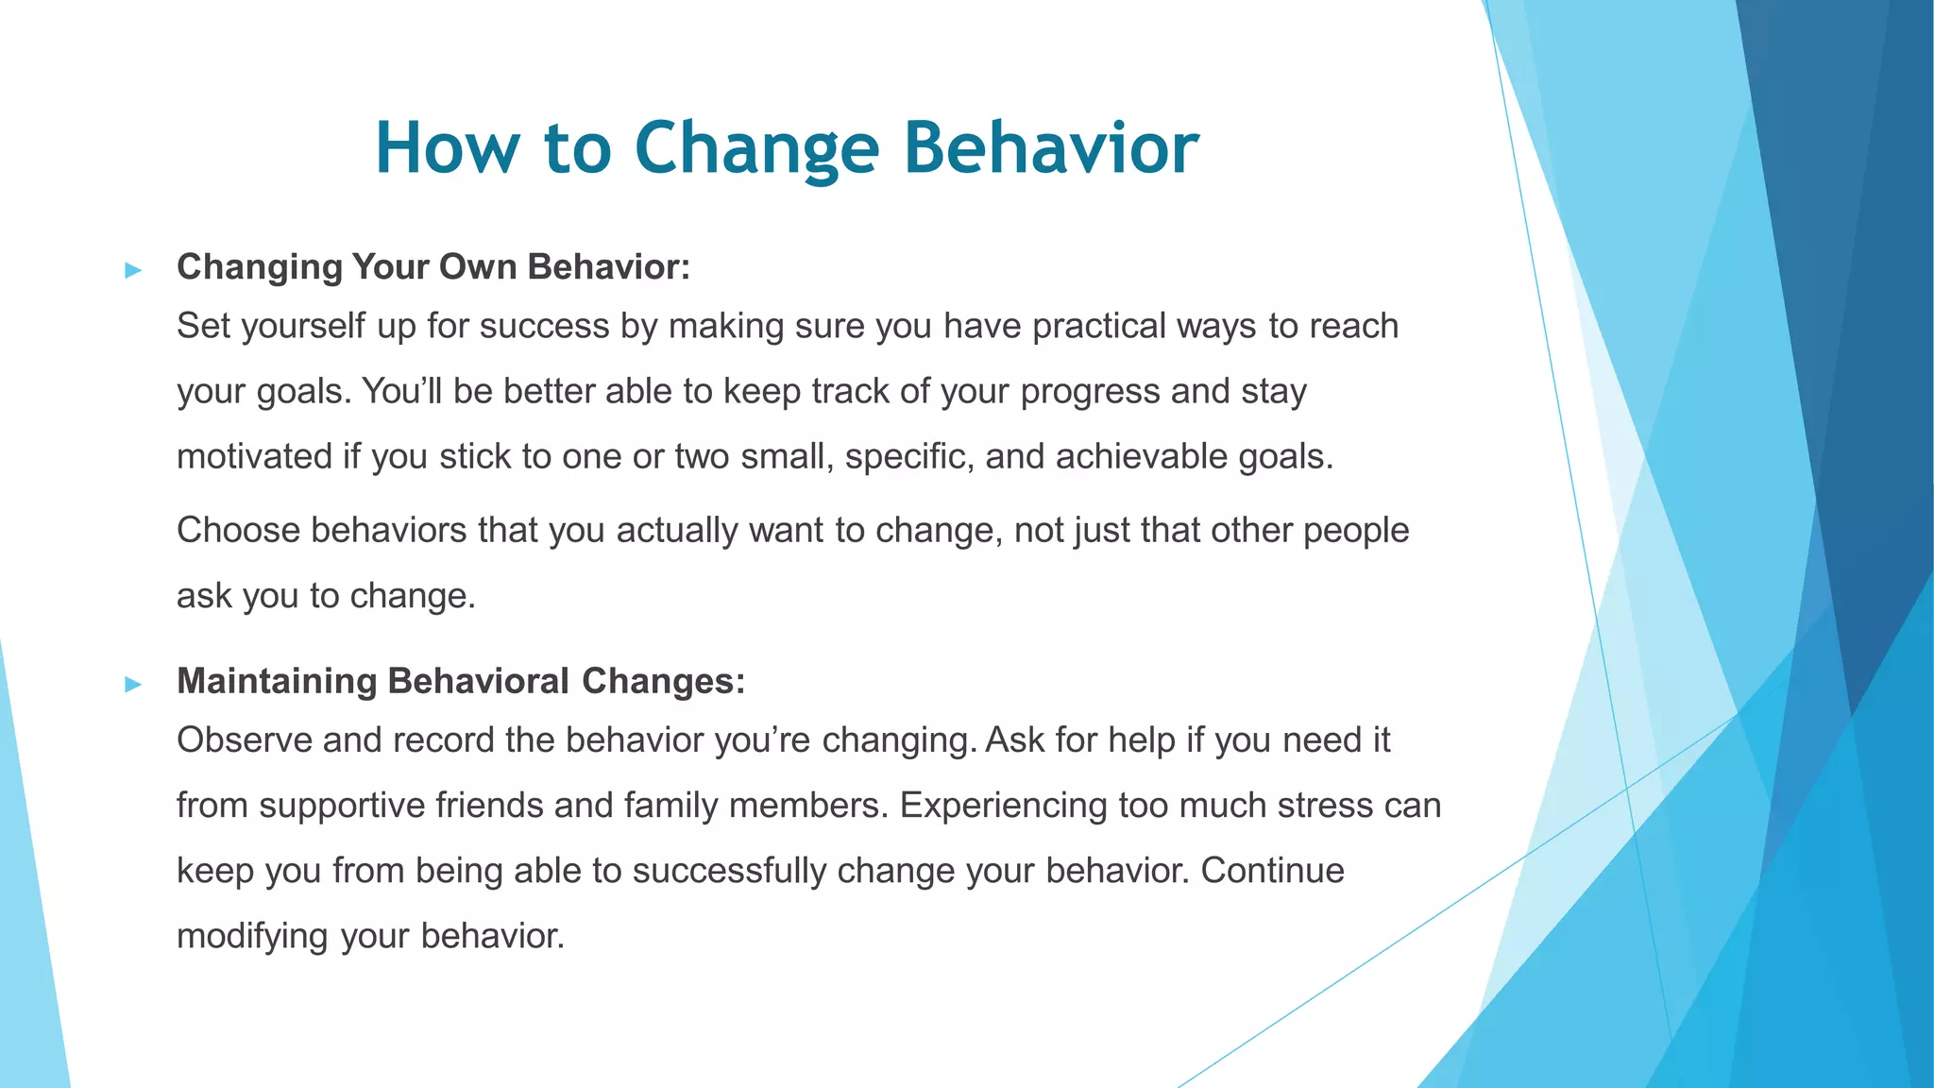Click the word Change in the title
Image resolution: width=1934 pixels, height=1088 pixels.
[x=756, y=148]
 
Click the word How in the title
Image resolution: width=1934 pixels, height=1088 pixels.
[x=448, y=148]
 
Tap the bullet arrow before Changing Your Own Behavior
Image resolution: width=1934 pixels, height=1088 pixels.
[x=133, y=271]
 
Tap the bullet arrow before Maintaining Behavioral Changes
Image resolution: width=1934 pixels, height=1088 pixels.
[x=133, y=685]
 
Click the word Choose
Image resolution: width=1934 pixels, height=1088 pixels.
[x=238, y=530]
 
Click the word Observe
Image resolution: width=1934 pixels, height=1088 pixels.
[x=244, y=739]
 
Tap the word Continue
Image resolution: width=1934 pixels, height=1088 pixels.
[x=1272, y=870]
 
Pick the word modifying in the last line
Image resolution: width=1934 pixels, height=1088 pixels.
[x=252, y=936]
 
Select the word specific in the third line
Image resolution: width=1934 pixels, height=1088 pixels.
[x=908, y=456]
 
